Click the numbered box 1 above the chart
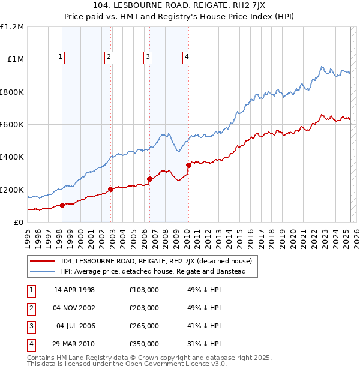click(61, 57)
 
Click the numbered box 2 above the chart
click(109, 57)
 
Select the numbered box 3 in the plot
click(148, 57)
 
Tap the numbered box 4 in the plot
click(187, 57)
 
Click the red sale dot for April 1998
click(62, 206)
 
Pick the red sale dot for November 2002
click(110, 190)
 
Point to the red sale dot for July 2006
click(149, 179)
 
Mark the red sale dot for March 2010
click(188, 165)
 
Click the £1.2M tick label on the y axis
click(12, 27)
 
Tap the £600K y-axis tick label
click(12, 125)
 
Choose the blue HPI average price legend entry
click(152, 272)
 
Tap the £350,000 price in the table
click(143, 344)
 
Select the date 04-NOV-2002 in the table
click(74, 308)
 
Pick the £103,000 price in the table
click(143, 290)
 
